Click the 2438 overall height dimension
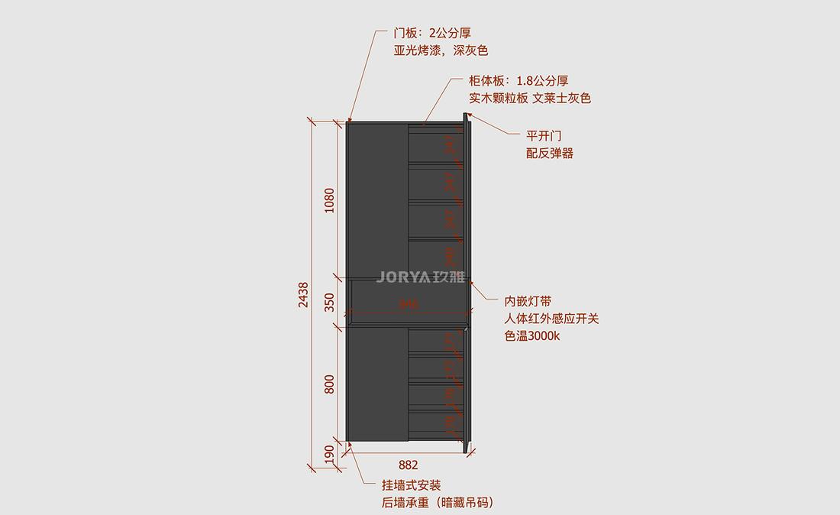click(x=303, y=294)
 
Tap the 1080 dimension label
click(x=330, y=200)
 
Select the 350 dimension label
click(x=330, y=303)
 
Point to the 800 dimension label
click(x=330, y=384)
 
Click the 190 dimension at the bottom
click(x=330, y=454)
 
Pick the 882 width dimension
click(x=409, y=465)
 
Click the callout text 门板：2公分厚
click(x=432, y=34)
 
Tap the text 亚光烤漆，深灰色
click(x=441, y=51)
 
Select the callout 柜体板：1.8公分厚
click(x=519, y=81)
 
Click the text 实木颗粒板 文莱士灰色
click(x=530, y=99)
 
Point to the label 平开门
click(x=544, y=136)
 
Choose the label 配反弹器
click(x=550, y=154)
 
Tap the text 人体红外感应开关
click(x=551, y=319)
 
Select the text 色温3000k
click(x=532, y=336)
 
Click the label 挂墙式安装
click(x=412, y=486)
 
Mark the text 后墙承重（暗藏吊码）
click(x=438, y=503)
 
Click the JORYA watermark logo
click(x=421, y=278)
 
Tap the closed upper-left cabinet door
click(x=377, y=199)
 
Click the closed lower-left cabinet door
click(x=377, y=384)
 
